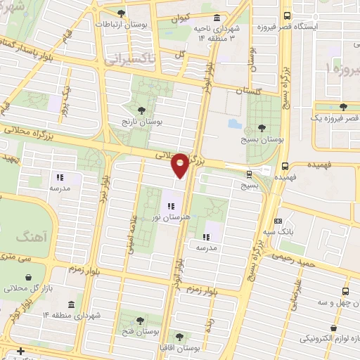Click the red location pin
point(180,165)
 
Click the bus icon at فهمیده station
point(284,167)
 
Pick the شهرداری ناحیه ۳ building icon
point(215,18)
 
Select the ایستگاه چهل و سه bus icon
point(345,290)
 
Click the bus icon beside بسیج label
point(250,175)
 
